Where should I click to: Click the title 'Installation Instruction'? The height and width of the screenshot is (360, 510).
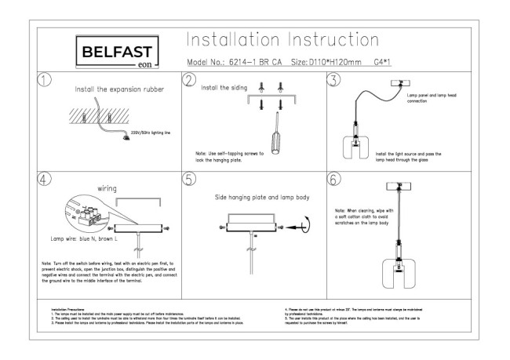(282, 39)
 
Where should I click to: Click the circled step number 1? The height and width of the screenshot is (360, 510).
(46, 81)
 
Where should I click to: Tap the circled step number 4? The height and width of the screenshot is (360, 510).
(46, 178)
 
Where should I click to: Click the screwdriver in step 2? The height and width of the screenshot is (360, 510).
(275, 141)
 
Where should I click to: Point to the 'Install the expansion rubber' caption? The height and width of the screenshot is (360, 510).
(119, 89)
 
